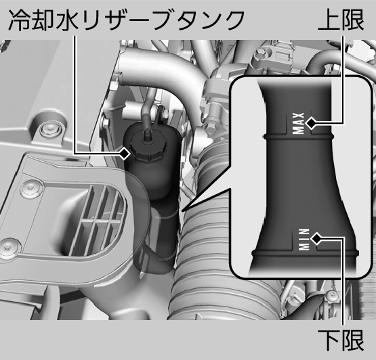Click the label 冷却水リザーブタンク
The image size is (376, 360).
[x=127, y=20]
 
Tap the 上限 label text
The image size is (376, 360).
[x=341, y=20]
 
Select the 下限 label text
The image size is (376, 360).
[x=341, y=340]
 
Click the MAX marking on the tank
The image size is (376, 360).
[x=299, y=123]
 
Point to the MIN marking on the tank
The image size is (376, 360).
[x=304, y=240]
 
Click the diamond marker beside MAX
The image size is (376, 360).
[x=311, y=123]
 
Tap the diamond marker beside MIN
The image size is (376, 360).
[x=316, y=238]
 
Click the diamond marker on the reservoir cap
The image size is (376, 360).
[x=125, y=154]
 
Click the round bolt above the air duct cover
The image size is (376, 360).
[x=49, y=128]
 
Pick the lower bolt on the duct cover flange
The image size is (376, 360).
[x=8, y=248]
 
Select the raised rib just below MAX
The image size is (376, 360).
[x=299, y=137]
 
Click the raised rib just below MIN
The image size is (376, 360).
[x=305, y=253]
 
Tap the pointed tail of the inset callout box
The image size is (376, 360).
[x=183, y=210]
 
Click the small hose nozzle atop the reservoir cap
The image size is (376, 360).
[x=146, y=133]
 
